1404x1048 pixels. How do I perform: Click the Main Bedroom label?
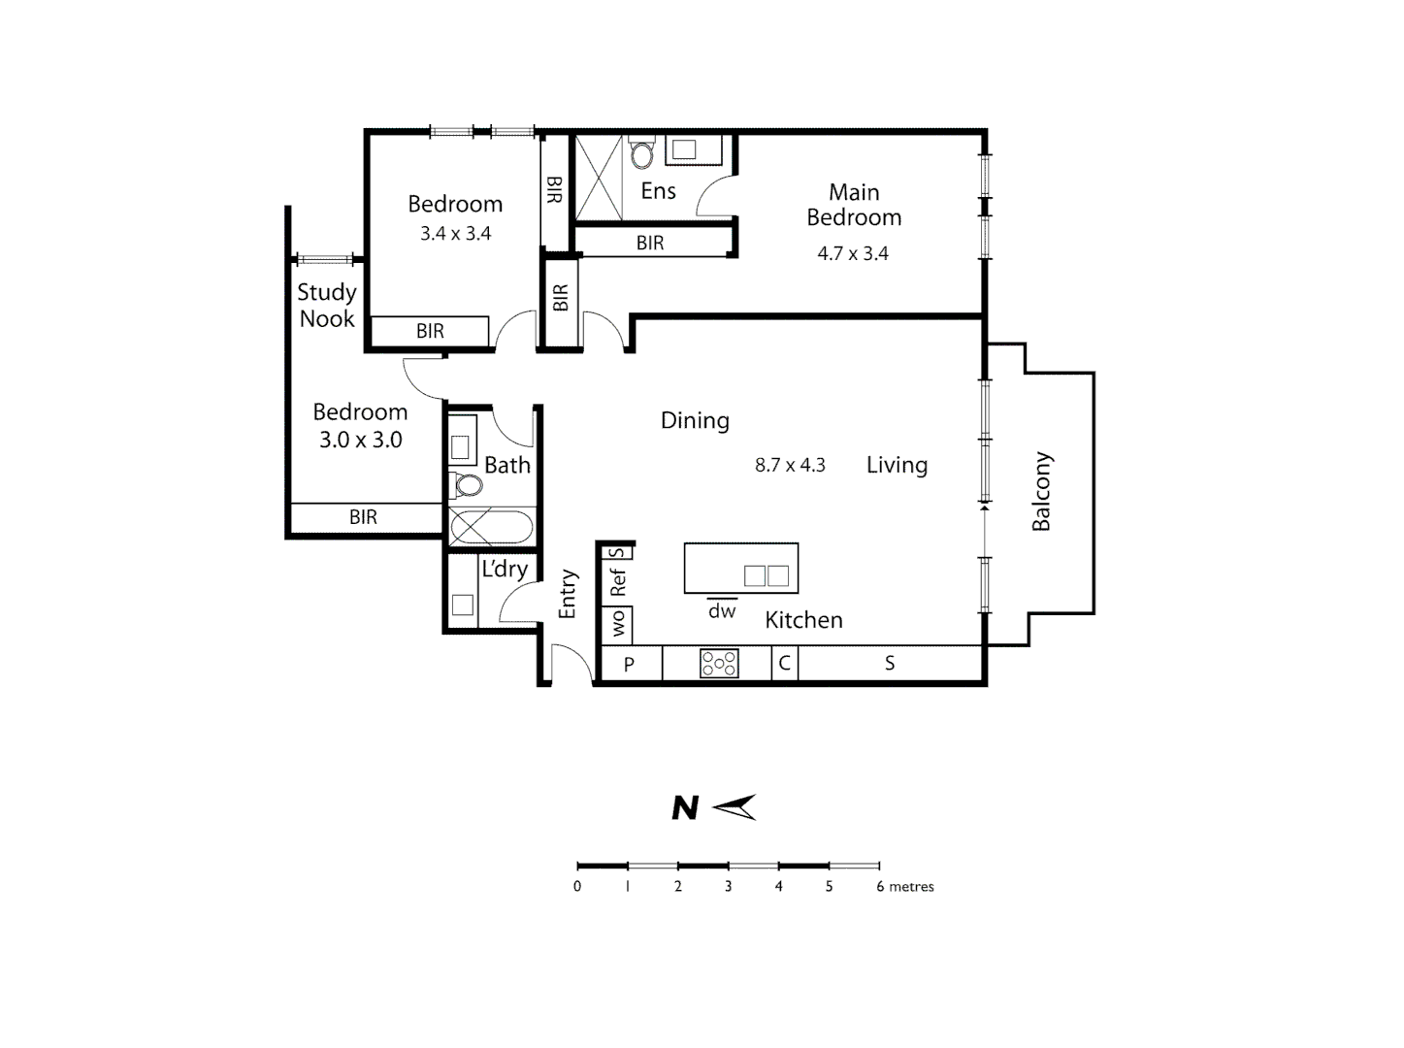pyautogui.click(x=854, y=205)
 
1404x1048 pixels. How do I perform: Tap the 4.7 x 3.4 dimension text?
pyautogui.click(x=853, y=254)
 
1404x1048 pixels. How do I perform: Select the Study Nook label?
pyautogui.click(x=327, y=306)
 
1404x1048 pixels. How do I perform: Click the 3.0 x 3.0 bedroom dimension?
pyautogui.click(x=361, y=440)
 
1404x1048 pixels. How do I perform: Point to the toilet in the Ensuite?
pyautogui.click(x=641, y=154)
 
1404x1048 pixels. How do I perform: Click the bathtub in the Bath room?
pyautogui.click(x=491, y=528)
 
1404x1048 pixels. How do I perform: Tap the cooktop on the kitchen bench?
pyautogui.click(x=719, y=664)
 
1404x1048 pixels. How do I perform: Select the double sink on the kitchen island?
pyautogui.click(x=767, y=575)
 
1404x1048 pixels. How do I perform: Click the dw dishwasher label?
pyautogui.click(x=722, y=611)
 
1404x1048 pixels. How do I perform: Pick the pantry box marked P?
pyautogui.click(x=629, y=665)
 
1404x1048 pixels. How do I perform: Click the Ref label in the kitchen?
pyautogui.click(x=618, y=582)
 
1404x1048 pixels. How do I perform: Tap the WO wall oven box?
pyautogui.click(x=618, y=624)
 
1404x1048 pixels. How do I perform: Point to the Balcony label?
pyautogui.click(x=1041, y=491)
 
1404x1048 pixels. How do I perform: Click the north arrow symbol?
pyautogui.click(x=735, y=807)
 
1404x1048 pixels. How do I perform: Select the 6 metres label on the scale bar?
pyautogui.click(x=904, y=887)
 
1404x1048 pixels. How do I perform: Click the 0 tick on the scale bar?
pyautogui.click(x=577, y=886)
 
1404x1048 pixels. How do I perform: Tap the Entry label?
pyautogui.click(x=568, y=594)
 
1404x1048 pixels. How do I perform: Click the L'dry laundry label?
pyautogui.click(x=505, y=569)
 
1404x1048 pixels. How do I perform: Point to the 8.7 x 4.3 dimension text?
pyautogui.click(x=790, y=466)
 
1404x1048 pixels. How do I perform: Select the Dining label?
pyautogui.click(x=695, y=421)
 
